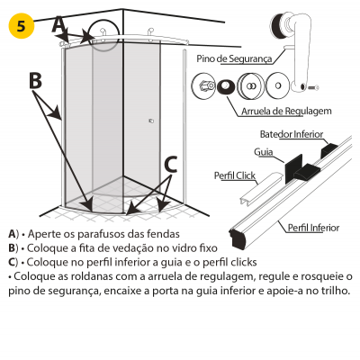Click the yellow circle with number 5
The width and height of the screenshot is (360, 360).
point(22,26)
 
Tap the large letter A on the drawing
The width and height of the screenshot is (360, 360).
point(58,24)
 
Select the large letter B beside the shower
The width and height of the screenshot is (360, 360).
point(36,81)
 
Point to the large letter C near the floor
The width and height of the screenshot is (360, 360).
point(171,165)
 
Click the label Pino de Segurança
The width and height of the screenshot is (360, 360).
point(234,58)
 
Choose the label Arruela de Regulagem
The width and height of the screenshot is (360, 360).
point(286,111)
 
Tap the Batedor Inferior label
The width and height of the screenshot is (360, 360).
point(292,134)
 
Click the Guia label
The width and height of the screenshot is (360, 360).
point(264,152)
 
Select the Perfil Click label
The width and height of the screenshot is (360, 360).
point(235,175)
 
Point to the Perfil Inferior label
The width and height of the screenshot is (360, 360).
point(313,228)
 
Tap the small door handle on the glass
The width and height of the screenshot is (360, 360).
point(151,121)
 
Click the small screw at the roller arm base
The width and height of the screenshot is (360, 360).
point(313,87)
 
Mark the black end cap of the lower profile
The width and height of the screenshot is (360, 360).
point(238,238)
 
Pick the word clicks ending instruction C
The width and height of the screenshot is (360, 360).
point(244,262)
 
